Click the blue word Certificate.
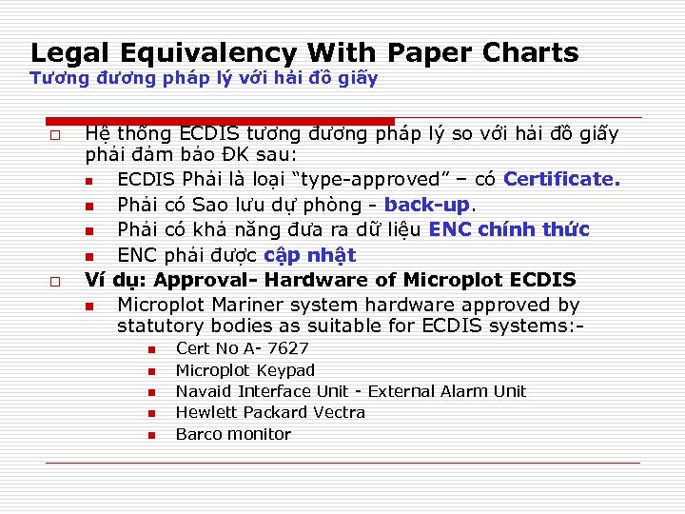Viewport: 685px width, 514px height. (x=561, y=179)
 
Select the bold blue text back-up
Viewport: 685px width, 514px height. (x=427, y=205)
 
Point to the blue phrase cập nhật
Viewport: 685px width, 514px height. (x=309, y=255)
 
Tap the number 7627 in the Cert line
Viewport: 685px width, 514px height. (x=288, y=348)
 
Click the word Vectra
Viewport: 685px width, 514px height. (x=339, y=412)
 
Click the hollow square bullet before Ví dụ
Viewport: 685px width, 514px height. (x=52, y=282)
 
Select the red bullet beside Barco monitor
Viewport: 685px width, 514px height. (x=150, y=436)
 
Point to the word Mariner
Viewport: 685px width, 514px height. (x=245, y=305)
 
